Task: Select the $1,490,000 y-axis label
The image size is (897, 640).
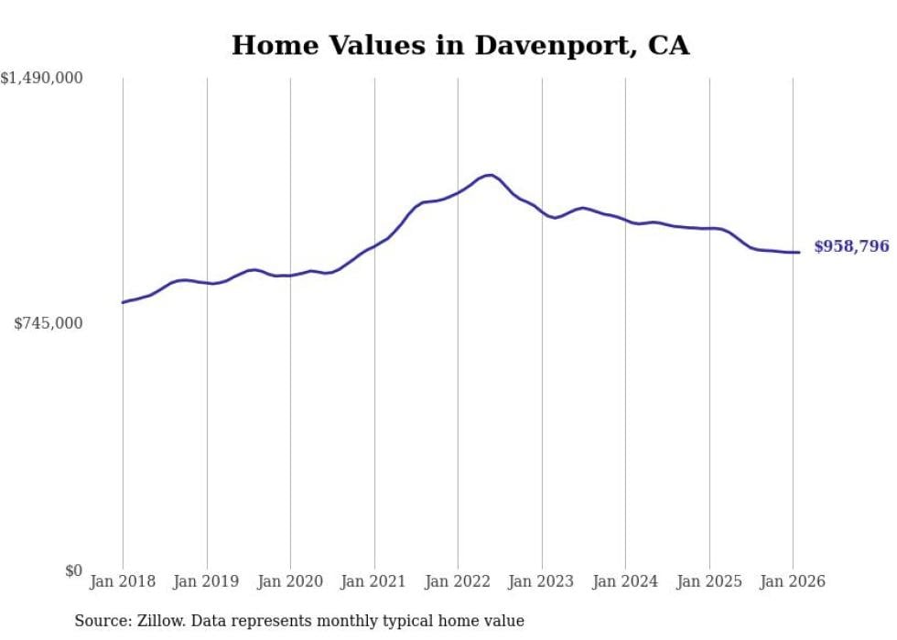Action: tap(41, 79)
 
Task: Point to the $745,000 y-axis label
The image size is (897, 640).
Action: tap(49, 323)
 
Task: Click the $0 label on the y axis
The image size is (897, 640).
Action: tap(73, 570)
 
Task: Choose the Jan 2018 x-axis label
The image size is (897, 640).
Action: tap(123, 581)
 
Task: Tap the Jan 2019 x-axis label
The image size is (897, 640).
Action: tap(207, 581)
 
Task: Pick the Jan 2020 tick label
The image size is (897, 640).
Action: tap(290, 581)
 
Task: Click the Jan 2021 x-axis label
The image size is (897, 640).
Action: tap(374, 581)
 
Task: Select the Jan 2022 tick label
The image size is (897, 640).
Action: tap(458, 581)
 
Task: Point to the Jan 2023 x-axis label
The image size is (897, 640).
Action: tap(542, 581)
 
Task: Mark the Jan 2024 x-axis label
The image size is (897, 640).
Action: tap(625, 581)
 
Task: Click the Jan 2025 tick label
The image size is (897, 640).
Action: tap(709, 581)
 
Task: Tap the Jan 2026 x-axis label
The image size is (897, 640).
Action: tap(793, 581)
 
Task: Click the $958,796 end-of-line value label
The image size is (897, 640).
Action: tap(851, 247)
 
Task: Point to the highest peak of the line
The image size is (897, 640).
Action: tap(491, 175)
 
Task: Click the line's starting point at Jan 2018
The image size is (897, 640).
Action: tap(123, 302)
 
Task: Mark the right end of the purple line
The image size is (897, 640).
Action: tap(799, 253)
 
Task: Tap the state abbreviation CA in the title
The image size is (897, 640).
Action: tap(668, 45)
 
